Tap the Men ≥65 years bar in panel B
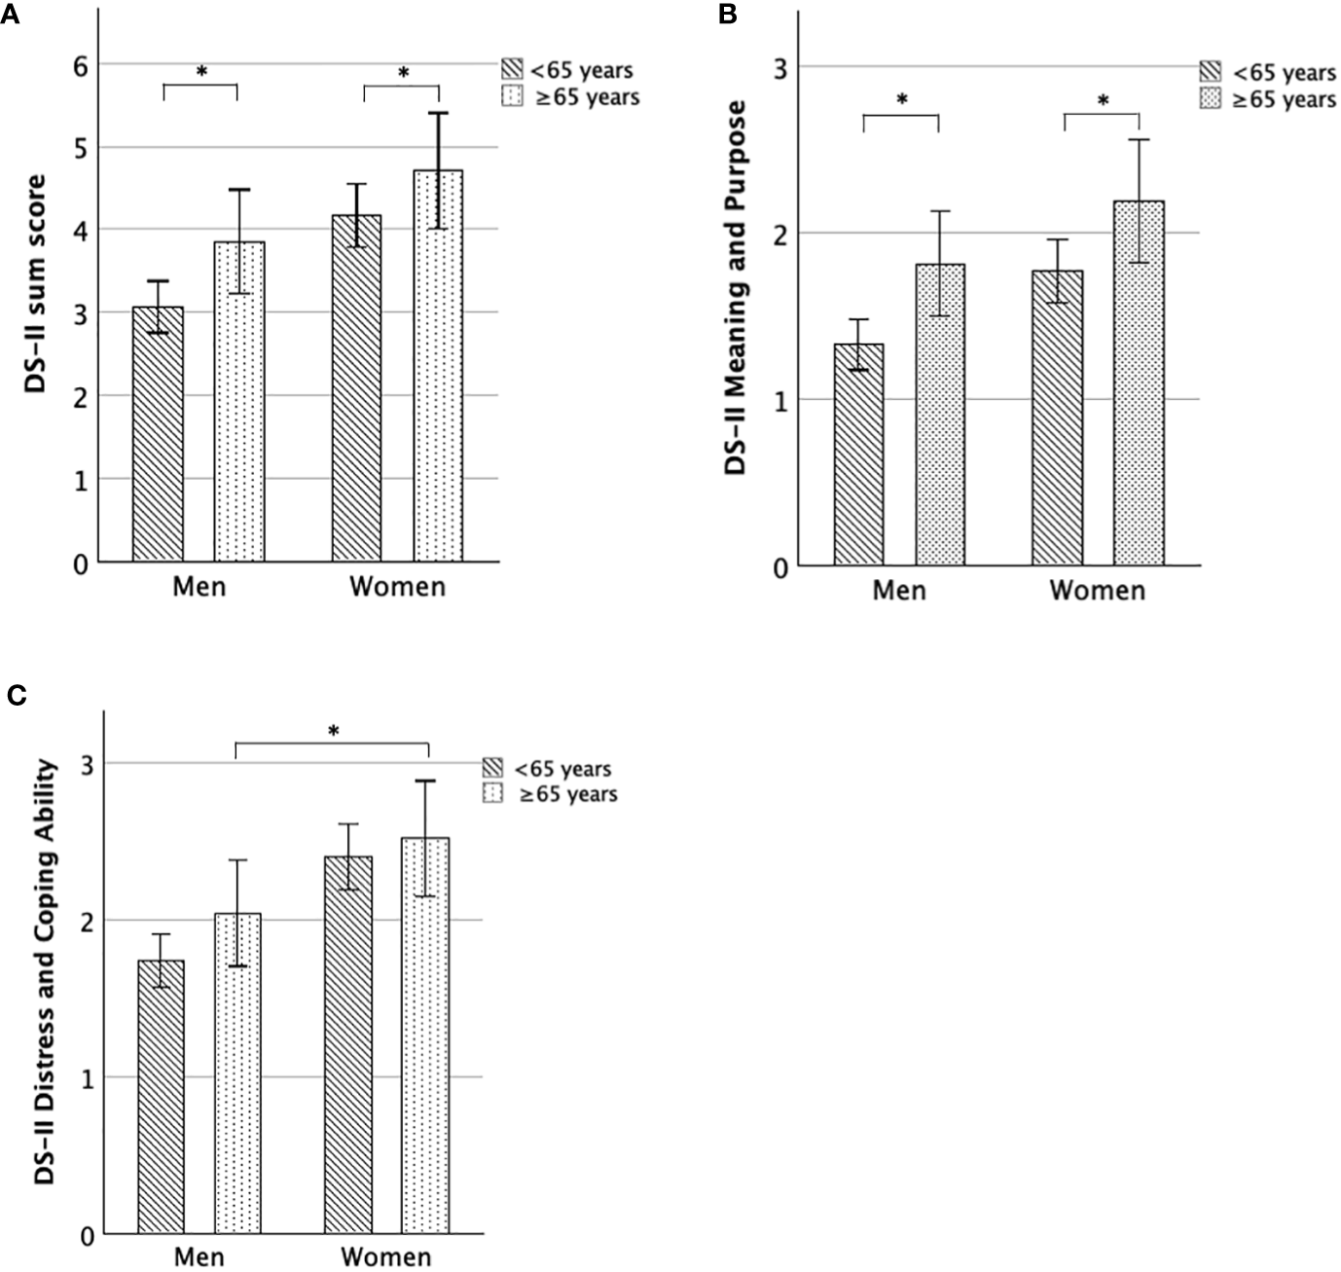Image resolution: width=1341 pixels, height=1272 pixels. click(x=939, y=415)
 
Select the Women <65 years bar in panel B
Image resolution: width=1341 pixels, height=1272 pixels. click(x=1057, y=418)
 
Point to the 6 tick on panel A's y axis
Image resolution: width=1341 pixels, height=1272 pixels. click(x=80, y=65)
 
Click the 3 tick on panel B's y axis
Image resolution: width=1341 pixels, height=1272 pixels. click(x=780, y=67)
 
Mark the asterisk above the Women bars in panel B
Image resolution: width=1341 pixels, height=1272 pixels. click(x=1102, y=101)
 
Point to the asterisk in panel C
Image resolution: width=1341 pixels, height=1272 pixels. click(x=333, y=731)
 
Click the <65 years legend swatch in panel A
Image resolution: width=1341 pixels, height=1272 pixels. click(x=512, y=70)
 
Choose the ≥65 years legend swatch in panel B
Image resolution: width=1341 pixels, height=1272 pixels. click(x=1212, y=98)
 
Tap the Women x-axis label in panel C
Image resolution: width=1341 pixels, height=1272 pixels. click(x=385, y=1256)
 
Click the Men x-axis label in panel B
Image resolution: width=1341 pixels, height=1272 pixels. click(x=899, y=590)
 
